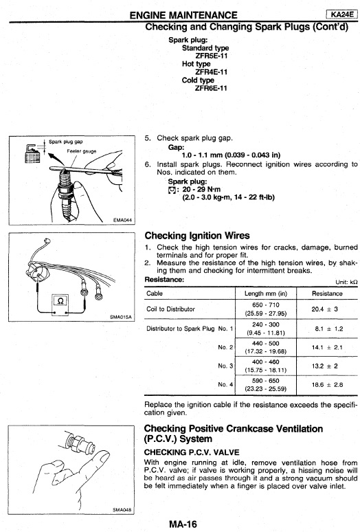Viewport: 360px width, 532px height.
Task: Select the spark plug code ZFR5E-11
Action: tap(211, 56)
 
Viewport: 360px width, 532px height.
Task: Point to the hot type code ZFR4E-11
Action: tap(211, 72)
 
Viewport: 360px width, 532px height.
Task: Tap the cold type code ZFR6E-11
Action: tap(211, 88)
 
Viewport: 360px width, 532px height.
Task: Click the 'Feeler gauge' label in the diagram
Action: tap(81, 151)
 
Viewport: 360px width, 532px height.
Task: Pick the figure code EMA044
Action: tap(122, 220)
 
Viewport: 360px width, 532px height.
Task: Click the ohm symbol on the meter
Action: tap(60, 300)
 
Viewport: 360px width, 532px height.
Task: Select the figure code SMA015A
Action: tap(121, 318)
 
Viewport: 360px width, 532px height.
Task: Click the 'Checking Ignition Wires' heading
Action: tap(197, 236)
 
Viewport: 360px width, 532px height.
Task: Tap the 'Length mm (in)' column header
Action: tap(266, 293)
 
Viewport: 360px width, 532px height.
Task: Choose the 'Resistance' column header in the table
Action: tap(327, 293)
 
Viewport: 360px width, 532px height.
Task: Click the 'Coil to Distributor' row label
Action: tap(170, 309)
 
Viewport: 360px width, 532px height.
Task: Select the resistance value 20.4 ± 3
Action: tap(325, 309)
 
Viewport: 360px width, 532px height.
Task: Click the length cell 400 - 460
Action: tap(266, 362)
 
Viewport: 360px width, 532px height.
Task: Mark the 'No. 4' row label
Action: tap(225, 384)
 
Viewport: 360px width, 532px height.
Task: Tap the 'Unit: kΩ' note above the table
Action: tap(346, 282)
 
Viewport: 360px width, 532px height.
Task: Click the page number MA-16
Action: tap(183, 524)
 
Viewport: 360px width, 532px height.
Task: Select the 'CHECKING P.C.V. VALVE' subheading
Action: tap(192, 452)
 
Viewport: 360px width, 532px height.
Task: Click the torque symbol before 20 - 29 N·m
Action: tap(172, 190)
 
